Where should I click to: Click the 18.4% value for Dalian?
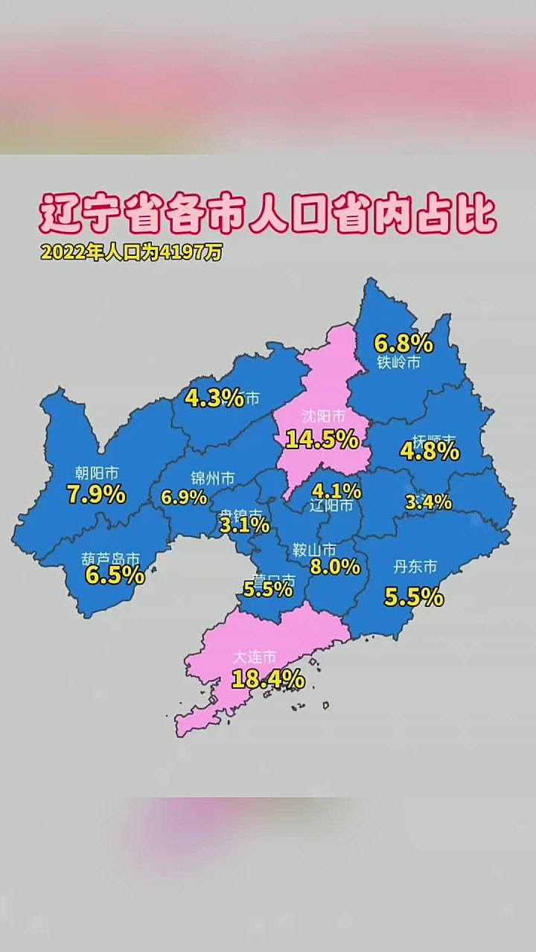click(268, 678)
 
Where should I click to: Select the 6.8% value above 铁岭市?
click(403, 343)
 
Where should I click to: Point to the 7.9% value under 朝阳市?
click(96, 494)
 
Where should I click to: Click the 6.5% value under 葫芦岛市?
click(114, 575)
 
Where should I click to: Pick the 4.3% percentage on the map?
click(214, 398)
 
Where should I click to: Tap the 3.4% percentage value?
click(428, 502)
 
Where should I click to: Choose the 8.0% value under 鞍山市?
click(334, 567)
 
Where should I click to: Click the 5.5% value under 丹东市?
click(414, 596)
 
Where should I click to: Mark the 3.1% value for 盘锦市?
click(244, 525)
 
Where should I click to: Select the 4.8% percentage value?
click(430, 451)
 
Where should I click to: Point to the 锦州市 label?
click(212, 477)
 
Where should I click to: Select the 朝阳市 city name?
click(97, 472)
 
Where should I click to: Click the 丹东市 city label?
click(415, 567)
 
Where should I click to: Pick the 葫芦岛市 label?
click(111, 557)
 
